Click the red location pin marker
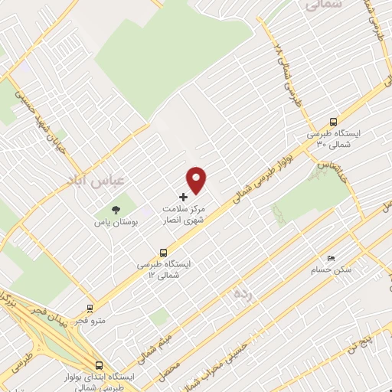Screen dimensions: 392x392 [198, 180]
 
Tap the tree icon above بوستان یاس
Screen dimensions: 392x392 [116, 208]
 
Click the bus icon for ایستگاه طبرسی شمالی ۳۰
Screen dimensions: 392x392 [333, 121]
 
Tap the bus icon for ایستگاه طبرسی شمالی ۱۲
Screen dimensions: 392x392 [163, 253]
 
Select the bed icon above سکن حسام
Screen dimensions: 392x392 [331, 259]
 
